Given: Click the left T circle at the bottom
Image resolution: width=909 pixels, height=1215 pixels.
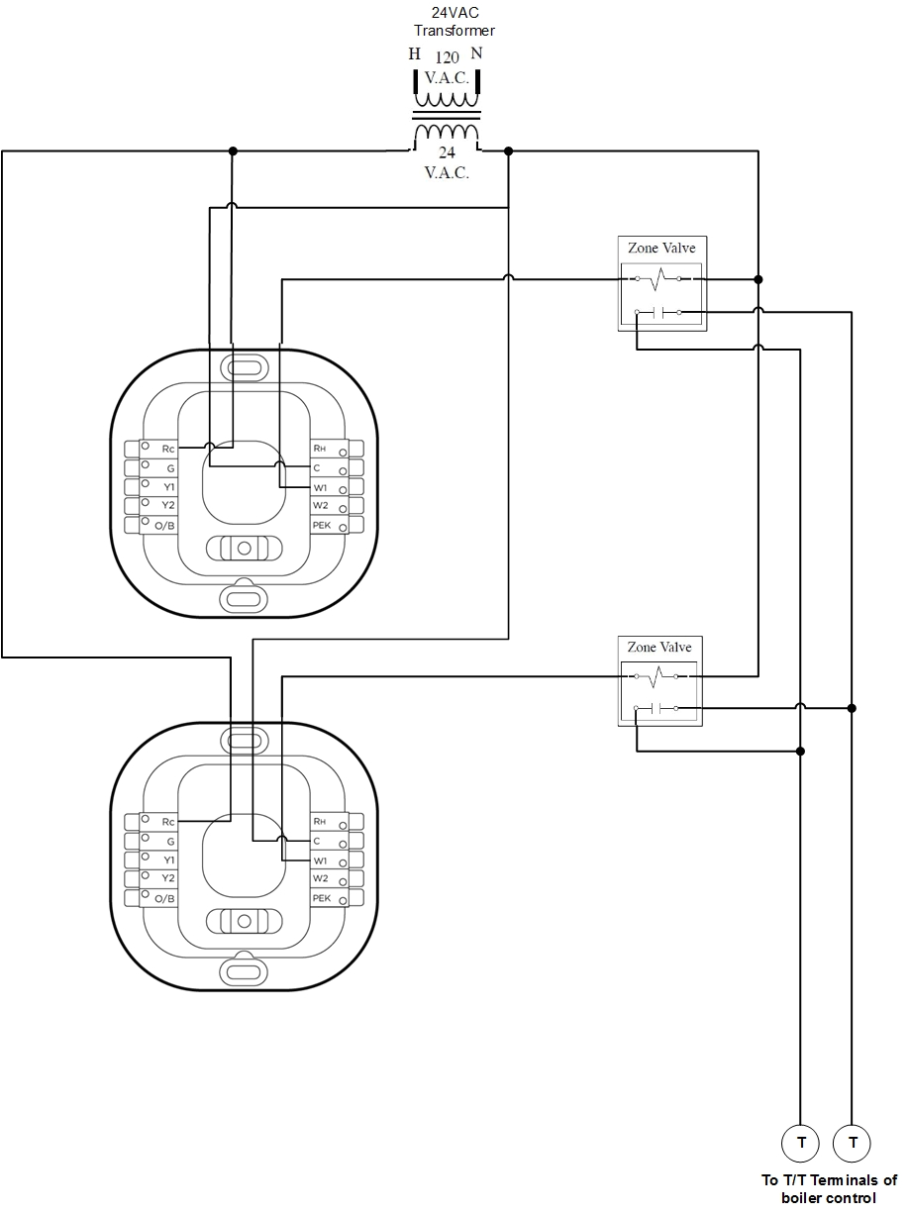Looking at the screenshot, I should click(800, 1144).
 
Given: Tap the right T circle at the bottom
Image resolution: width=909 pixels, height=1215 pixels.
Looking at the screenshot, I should click(853, 1144).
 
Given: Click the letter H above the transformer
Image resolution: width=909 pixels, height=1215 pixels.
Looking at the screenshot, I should click(415, 54).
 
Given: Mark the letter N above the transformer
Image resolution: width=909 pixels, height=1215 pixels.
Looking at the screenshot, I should click(476, 54).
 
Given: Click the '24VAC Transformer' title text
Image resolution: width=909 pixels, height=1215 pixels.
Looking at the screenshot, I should click(454, 21).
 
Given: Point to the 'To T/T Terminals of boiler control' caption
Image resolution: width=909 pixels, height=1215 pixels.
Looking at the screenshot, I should click(829, 1188).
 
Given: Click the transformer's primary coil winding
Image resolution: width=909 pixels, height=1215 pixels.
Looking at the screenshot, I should click(447, 99).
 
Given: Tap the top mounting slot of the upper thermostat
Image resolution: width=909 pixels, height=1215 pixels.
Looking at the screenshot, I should click(244, 367).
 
